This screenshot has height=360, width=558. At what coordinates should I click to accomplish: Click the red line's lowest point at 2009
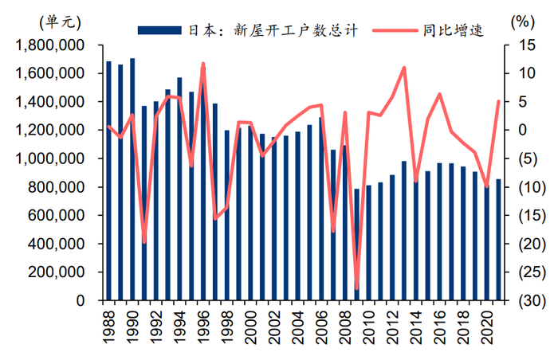coord(357,288)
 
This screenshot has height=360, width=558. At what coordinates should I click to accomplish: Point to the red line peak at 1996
coord(203,64)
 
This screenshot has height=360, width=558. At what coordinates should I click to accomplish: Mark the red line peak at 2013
coord(404,68)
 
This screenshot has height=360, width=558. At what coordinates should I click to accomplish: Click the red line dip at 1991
coord(144,242)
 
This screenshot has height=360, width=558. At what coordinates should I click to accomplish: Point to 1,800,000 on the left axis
coord(49,45)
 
